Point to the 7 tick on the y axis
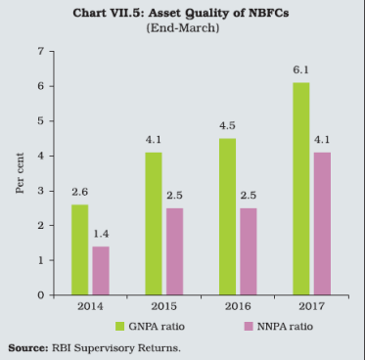pos(42,51)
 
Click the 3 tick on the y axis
pos(42,191)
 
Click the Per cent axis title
pos(21,173)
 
